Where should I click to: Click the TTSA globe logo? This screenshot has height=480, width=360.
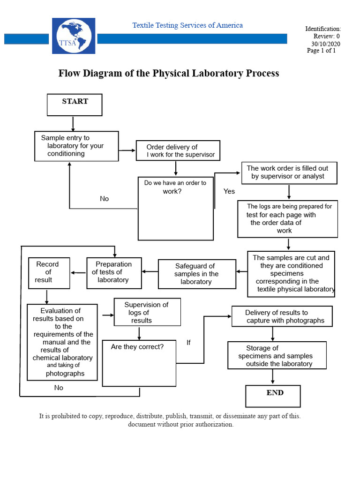tap(73, 36)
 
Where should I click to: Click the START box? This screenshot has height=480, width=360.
tap(75, 105)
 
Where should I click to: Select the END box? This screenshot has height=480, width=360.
tap(273, 396)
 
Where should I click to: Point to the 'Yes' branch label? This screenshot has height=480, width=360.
tap(229, 191)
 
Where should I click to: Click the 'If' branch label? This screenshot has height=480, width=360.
tap(188, 343)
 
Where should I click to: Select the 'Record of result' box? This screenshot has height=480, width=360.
tap(49, 272)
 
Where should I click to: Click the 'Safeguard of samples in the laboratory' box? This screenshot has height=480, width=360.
tap(197, 274)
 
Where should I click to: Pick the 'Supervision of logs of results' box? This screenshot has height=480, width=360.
tap(147, 312)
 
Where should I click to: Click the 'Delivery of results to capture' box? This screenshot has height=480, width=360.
tap(282, 316)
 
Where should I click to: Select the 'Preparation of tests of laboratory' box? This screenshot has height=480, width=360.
tap(113, 272)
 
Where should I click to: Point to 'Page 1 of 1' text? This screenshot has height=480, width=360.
tap(321, 51)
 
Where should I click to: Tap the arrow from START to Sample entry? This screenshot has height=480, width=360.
tap(73, 123)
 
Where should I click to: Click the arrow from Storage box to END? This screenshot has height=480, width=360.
tap(273, 377)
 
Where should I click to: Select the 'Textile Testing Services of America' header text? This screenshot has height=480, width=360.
tap(187, 25)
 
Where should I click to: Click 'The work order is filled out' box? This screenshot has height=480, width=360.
tap(288, 172)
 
